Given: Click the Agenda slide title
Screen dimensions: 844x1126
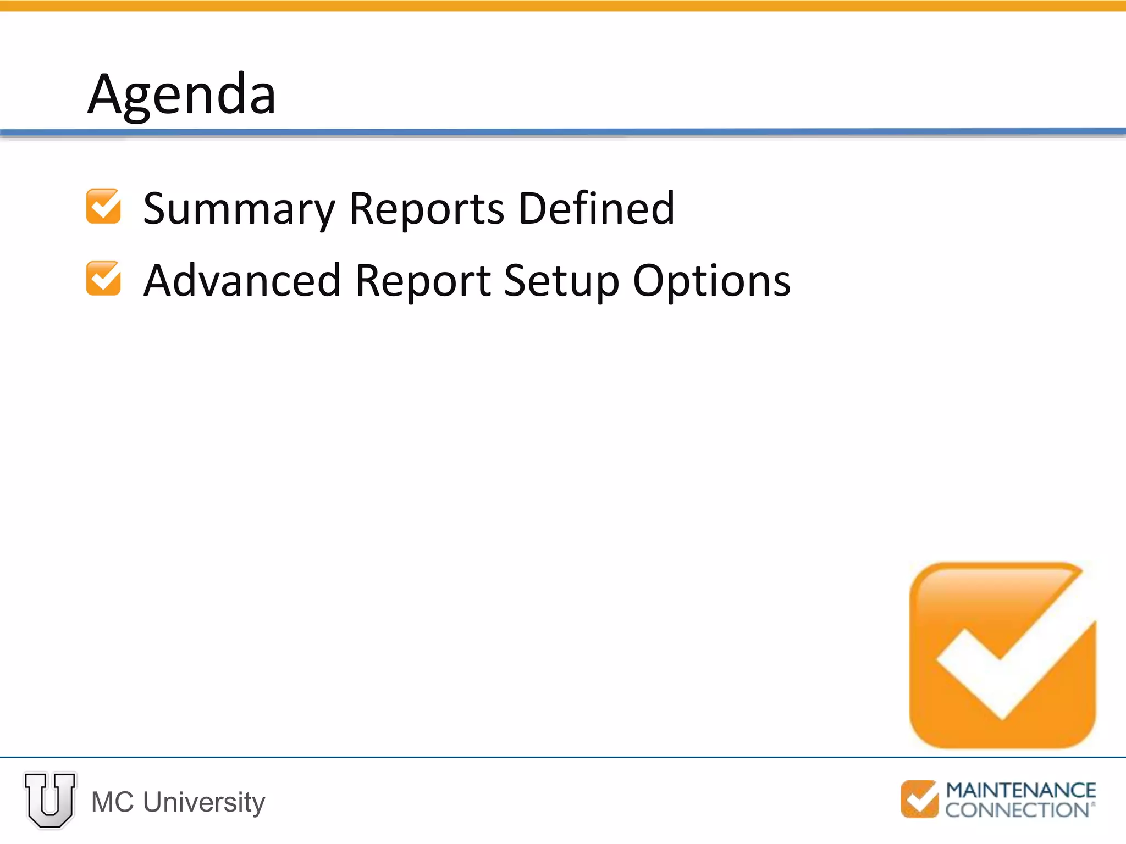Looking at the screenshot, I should [x=181, y=95].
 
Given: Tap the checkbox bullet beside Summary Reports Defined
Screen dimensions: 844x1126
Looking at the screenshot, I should [x=103, y=207].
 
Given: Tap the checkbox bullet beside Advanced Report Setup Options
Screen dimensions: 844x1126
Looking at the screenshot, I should [x=103, y=279].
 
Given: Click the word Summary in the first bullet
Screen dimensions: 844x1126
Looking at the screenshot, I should [x=239, y=209].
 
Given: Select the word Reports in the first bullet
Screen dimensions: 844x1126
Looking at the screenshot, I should [x=427, y=209].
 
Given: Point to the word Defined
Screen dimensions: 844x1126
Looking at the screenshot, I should [x=596, y=209].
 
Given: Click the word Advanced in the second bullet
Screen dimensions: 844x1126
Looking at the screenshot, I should [x=242, y=281].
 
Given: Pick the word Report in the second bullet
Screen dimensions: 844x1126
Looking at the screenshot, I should [x=423, y=281].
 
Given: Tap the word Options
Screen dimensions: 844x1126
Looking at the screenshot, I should [x=711, y=281].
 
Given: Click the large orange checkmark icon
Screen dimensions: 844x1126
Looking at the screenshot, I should [x=1002, y=655].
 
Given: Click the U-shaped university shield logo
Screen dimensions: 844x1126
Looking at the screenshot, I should [x=50, y=800].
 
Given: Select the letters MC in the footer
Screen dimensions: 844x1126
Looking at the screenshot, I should [x=113, y=802].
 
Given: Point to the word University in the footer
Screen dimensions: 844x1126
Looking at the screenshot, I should [x=204, y=802].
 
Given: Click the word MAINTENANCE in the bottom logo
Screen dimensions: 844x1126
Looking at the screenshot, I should [x=1020, y=791].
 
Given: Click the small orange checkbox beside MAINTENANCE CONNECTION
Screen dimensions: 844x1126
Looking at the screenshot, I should [x=919, y=799].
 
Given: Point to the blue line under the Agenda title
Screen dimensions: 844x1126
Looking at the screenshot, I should [x=563, y=132].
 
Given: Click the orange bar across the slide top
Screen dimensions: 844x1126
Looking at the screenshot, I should [x=563, y=5].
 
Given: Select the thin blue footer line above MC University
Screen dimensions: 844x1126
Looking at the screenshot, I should [x=563, y=757].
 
